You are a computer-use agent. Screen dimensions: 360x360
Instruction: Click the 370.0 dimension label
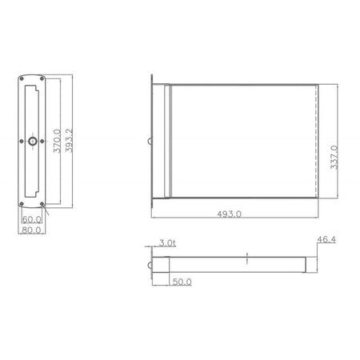pyautogui.click(x=57, y=141)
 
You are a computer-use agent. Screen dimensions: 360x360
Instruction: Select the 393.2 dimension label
pyautogui.click(x=69, y=141)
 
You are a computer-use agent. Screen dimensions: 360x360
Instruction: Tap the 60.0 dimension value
pyautogui.click(x=32, y=219)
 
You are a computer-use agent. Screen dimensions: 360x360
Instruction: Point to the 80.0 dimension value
pyautogui.click(x=31, y=230)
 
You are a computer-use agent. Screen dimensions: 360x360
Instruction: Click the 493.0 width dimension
pyautogui.click(x=229, y=214)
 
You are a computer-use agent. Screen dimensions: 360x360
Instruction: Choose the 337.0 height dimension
pyautogui.click(x=334, y=158)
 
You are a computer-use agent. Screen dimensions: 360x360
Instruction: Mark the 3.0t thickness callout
pyautogui.click(x=167, y=243)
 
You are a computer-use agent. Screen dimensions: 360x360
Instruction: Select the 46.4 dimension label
pyautogui.click(x=326, y=239)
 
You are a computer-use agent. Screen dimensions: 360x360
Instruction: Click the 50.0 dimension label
pyautogui.click(x=182, y=282)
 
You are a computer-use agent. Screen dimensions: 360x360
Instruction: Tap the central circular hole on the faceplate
pyautogui.click(x=33, y=141)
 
